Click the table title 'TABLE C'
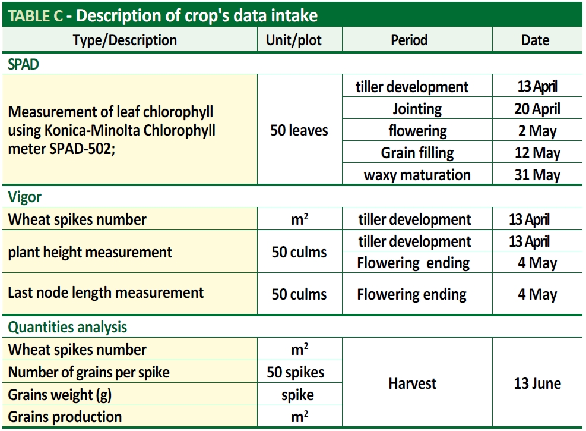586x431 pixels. (36, 15)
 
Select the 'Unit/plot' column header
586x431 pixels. (294, 40)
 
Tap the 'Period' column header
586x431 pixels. (409, 40)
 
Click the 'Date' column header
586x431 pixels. (535, 40)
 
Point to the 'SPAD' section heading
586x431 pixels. (23, 64)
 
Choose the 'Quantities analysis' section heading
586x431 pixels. (68, 327)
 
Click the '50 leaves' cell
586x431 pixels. (299, 130)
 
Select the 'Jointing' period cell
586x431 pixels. (417, 109)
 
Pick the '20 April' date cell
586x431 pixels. (537, 109)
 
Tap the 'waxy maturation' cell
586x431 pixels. (417, 175)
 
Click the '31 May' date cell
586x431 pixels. (537, 175)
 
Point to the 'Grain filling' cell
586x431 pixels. (417, 153)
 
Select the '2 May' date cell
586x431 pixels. (537, 131)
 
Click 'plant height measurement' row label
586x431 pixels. (90, 252)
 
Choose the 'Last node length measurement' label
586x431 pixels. (106, 292)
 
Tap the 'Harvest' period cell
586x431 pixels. (412, 383)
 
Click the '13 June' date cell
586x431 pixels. (537, 383)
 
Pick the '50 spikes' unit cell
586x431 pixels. (296, 372)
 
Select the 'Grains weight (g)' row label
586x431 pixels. (60, 395)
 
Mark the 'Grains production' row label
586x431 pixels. (65, 417)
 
